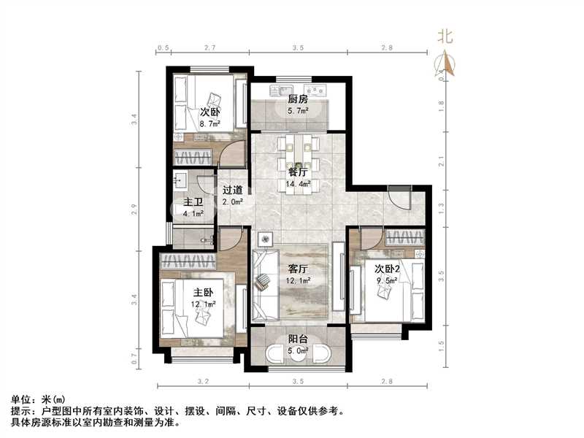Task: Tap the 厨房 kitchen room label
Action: pos(297,99)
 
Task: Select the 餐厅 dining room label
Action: pos(297,173)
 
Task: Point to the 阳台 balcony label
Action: pos(297,339)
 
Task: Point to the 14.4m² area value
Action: pos(299,184)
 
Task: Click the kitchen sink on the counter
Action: pos(280,92)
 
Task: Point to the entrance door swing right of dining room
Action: pos(399,198)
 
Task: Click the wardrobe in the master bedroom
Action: pos(188,261)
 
